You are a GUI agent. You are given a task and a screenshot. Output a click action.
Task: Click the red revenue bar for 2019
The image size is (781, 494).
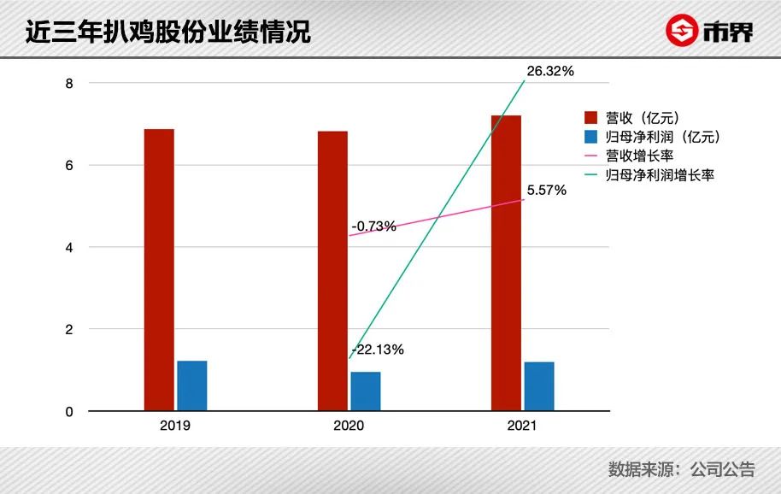pos(159,270)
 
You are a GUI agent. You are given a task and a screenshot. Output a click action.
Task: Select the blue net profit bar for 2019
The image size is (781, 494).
pos(191,386)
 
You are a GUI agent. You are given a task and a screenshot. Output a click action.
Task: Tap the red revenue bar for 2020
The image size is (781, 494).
pos(332,271)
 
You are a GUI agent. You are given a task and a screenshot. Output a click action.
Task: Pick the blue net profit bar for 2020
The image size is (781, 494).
pos(366,391)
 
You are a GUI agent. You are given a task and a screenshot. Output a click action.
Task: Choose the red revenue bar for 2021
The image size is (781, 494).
pos(506,263)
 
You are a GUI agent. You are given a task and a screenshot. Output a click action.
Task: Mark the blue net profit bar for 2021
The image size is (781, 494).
pos(539,386)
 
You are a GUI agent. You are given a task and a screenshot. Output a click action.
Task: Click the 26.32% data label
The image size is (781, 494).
pos(550,71)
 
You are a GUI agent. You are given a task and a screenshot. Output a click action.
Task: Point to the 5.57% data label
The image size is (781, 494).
pos(546,191)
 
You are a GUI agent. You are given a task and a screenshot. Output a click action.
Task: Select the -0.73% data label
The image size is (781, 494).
pos(374,226)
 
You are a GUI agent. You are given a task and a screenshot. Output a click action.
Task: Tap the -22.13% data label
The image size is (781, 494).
pos(377,349)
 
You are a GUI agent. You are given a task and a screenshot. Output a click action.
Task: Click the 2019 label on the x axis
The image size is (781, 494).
pos(175,425)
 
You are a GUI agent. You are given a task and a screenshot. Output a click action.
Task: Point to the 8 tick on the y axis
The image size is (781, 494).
pos(69,83)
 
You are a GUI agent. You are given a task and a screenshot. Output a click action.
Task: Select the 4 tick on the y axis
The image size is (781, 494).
pos(69,247)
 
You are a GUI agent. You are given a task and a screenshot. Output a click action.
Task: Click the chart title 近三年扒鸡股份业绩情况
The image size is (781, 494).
pos(167,32)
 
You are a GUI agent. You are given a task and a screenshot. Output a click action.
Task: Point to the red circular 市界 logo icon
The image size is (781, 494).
pos(682,32)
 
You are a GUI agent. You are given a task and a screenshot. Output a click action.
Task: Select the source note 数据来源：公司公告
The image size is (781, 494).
pos(681,468)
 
